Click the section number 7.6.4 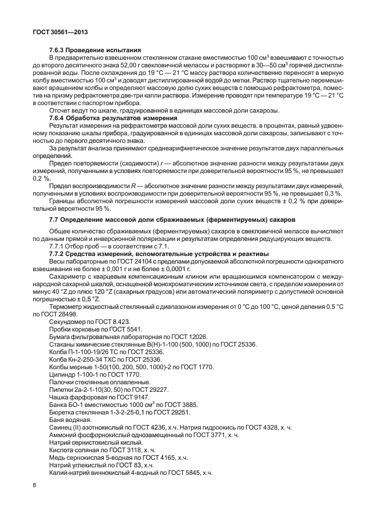click(x=59, y=118)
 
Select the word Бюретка click(x=63, y=412)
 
